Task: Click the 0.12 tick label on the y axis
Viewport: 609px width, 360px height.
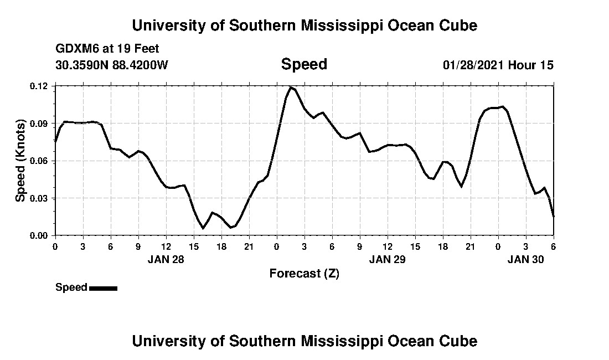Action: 40,86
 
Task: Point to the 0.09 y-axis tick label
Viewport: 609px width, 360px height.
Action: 40,124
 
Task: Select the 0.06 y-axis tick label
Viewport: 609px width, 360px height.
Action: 40,161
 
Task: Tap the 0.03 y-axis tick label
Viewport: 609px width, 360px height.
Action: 40,198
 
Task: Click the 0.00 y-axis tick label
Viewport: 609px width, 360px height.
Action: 40,236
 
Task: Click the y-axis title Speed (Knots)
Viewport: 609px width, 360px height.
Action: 20,161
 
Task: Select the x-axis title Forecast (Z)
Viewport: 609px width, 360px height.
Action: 304,273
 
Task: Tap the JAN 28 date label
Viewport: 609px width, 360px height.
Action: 166,259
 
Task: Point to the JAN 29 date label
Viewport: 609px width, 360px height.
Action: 387,259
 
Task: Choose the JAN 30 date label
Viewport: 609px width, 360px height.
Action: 525,259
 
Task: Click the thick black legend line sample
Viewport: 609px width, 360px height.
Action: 103,288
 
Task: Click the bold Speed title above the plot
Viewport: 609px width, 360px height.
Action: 304,64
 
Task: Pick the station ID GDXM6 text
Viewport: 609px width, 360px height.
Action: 75,49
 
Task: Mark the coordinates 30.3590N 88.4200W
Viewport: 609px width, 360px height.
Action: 111,65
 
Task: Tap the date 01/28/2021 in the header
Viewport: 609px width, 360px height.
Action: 473,65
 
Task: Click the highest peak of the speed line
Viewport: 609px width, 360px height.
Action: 290,87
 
